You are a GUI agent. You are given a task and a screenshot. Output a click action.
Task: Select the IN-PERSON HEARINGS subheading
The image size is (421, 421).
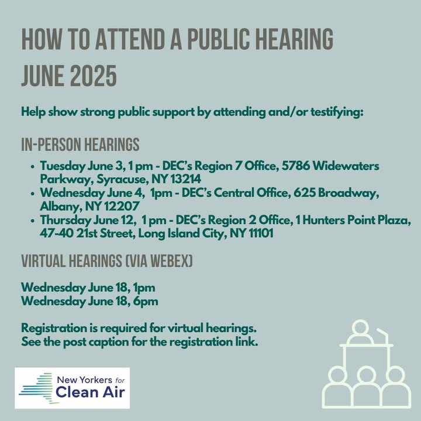pyautogui.click(x=80, y=144)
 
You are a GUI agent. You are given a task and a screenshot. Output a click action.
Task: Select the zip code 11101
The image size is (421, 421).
pyautogui.click(x=261, y=233)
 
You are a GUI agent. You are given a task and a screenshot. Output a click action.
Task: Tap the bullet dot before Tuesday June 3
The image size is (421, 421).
pyautogui.click(x=33, y=167)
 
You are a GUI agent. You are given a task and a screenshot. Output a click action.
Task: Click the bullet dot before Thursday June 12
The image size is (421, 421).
pyautogui.click(x=33, y=220)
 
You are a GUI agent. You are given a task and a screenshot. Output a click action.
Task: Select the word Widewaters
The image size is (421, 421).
pyautogui.click(x=346, y=165)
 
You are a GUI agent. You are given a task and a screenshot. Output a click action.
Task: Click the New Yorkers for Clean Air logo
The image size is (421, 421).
pyautogui.click(x=73, y=388)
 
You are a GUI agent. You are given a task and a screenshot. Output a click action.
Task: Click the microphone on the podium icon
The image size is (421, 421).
pyautogui.click(x=383, y=336)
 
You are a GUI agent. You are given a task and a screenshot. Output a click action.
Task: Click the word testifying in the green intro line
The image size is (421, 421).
pyautogui.click(x=337, y=112)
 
